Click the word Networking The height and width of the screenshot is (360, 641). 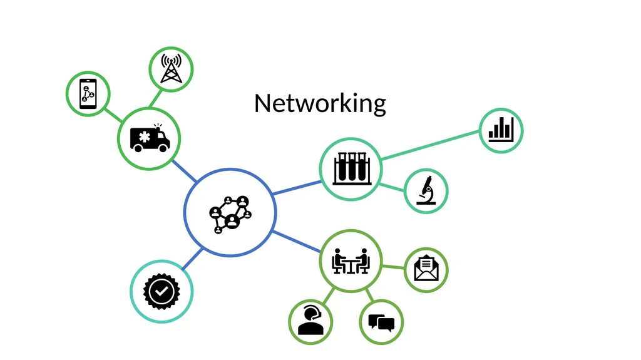pyautogui.click(x=320, y=103)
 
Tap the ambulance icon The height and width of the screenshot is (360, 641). pyautogui.click(x=150, y=138)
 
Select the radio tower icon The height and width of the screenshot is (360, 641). pyautogui.click(x=171, y=68)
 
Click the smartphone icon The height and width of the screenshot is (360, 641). pyautogui.click(x=88, y=94)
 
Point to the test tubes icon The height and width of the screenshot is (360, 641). pyautogui.click(x=351, y=168)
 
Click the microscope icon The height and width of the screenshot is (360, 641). pyautogui.click(x=426, y=190)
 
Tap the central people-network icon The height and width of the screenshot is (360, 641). pyautogui.click(x=230, y=214)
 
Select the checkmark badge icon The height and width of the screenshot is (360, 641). pyautogui.click(x=162, y=291)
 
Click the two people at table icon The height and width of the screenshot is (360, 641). pyautogui.click(x=351, y=260)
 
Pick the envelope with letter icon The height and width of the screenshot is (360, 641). pyautogui.click(x=426, y=269)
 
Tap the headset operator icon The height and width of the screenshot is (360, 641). pyautogui.click(x=310, y=321)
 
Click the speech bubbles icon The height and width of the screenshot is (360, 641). pyautogui.click(x=381, y=322)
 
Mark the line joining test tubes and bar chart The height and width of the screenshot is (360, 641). pyautogui.click(x=429, y=145)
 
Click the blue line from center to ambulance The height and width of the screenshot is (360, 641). pyautogui.click(x=185, y=171)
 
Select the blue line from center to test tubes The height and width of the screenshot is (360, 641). pyautogui.click(x=297, y=187)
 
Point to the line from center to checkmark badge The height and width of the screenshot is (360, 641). pyautogui.click(x=192, y=259)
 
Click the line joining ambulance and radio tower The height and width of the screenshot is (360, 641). pyautogui.click(x=155, y=98)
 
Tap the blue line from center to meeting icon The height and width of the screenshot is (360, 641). pyautogui.click(x=296, y=242)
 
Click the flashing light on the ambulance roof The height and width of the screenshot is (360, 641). pyautogui.click(x=158, y=127)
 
